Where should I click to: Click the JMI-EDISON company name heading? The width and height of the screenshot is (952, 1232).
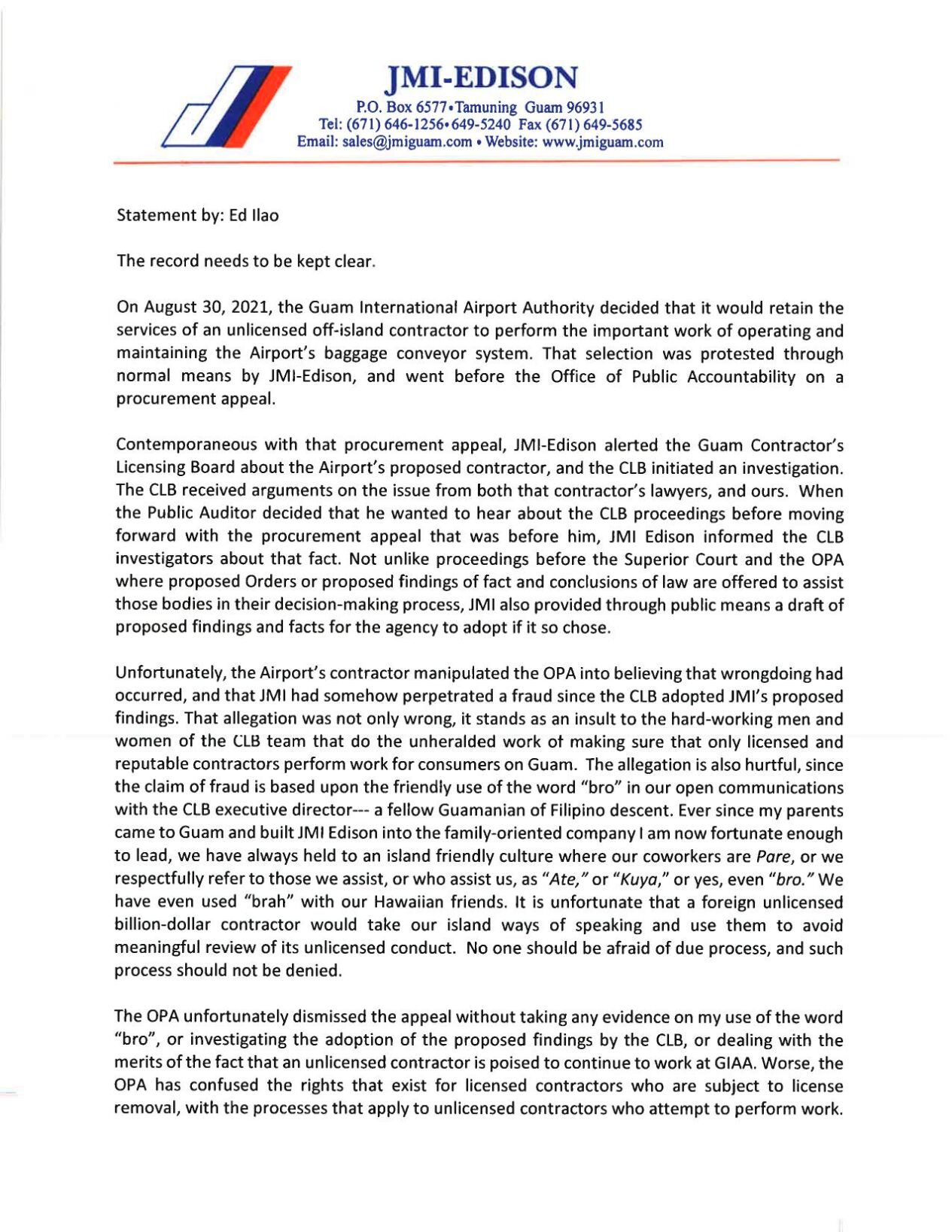tap(481, 77)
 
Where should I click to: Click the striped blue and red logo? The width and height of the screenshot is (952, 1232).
tap(226, 106)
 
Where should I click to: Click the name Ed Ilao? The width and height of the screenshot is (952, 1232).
tap(254, 216)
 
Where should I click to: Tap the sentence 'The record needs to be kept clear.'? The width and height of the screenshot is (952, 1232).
tap(245, 261)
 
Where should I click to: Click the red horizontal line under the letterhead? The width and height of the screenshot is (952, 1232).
tap(476, 161)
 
